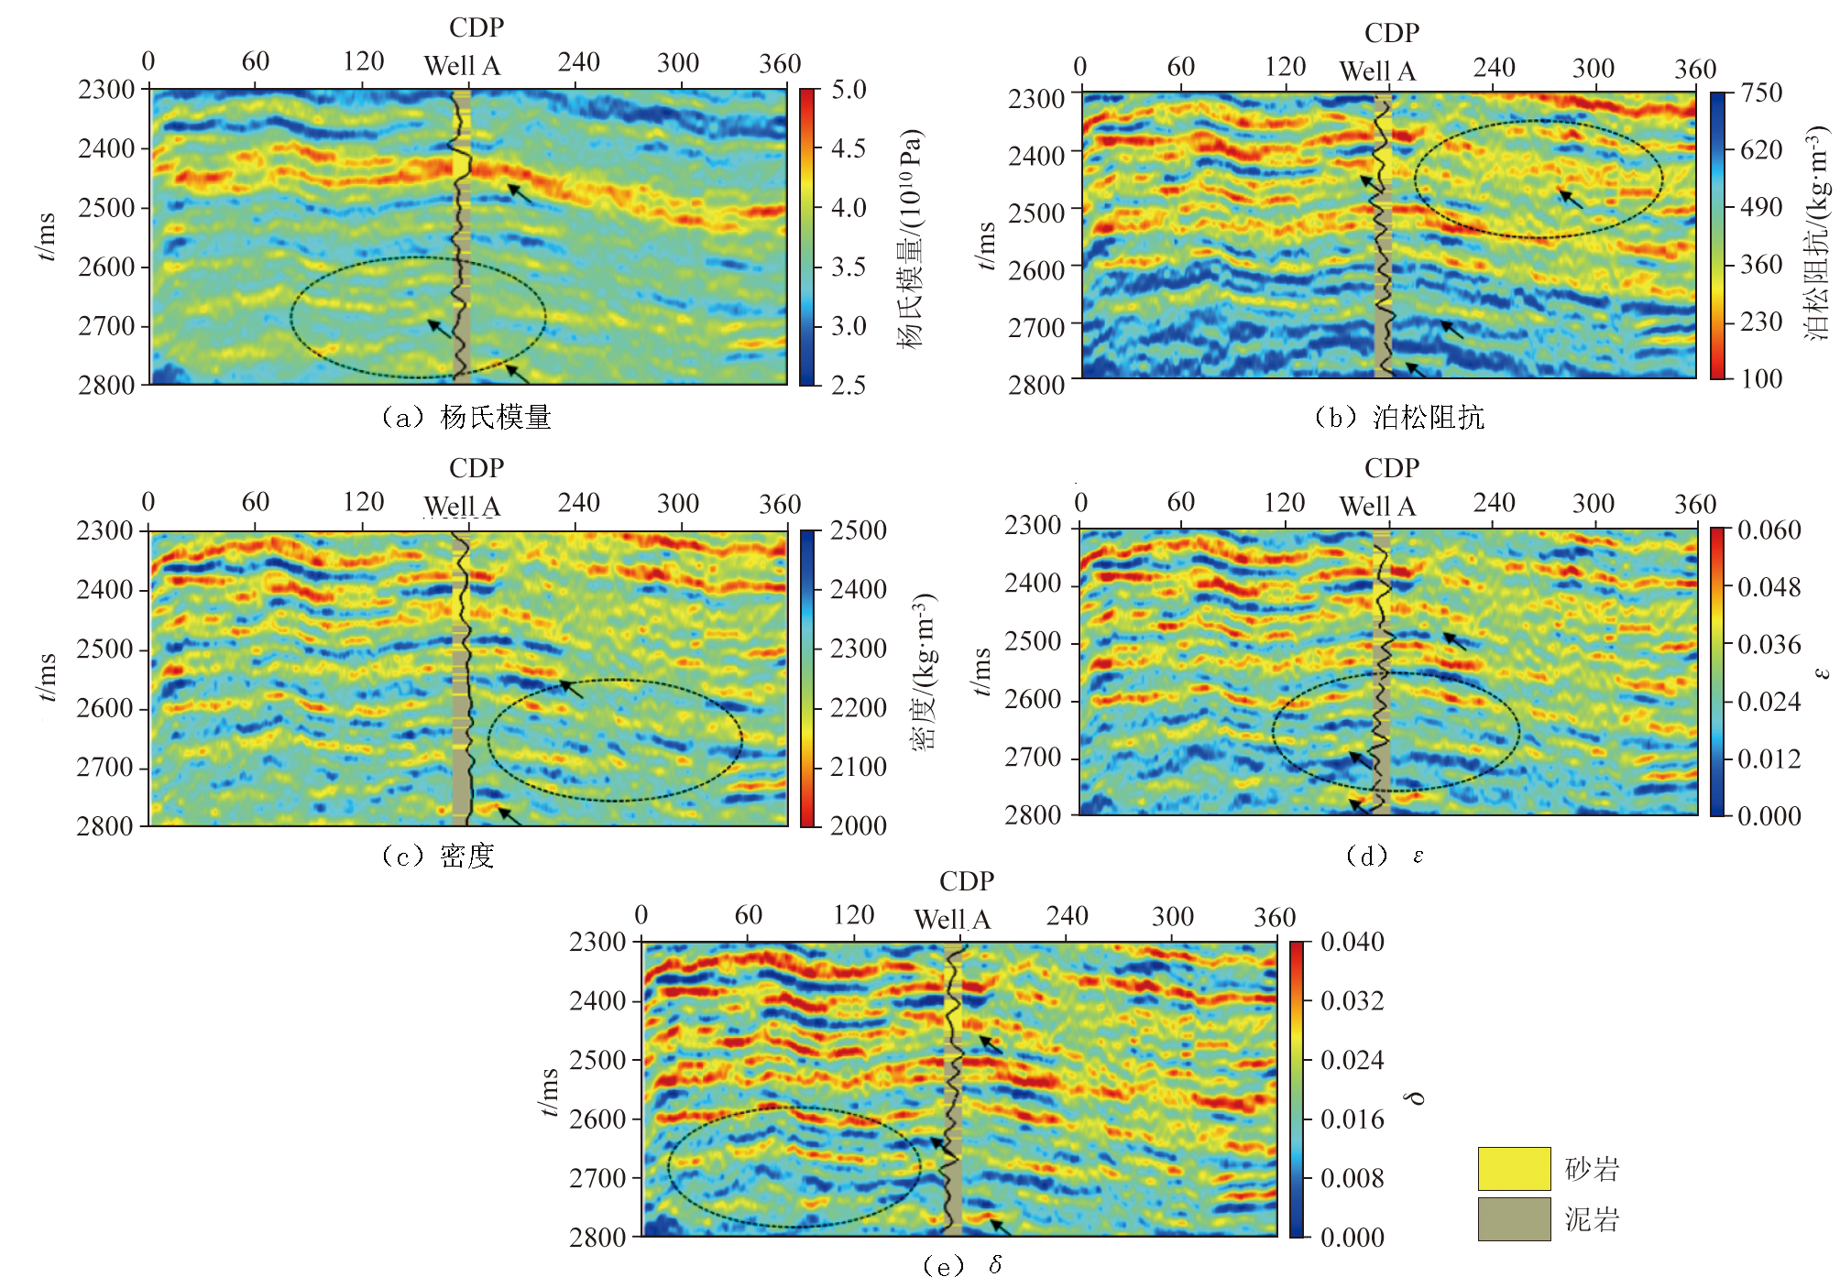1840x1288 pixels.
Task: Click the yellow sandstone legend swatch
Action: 1514,1168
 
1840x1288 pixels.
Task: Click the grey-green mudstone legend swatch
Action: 1514,1218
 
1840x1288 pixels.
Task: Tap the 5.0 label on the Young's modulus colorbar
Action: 849,90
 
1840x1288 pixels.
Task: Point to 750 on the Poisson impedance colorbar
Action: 1761,93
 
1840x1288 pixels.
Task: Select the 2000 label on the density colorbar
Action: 858,825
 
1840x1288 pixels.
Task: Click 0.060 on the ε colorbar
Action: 1769,530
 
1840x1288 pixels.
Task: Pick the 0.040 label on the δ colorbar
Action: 1352,942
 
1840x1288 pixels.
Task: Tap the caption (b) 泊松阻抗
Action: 1398,418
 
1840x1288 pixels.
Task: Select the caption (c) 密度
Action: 438,856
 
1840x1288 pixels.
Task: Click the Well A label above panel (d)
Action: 1377,506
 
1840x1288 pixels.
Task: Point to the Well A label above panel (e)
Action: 952,919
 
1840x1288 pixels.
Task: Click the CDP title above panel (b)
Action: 1391,33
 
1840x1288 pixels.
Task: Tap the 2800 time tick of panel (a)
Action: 106,385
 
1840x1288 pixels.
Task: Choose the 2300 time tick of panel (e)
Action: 597,942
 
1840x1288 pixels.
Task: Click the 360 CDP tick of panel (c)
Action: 780,504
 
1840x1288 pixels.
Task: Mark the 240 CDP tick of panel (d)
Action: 1494,503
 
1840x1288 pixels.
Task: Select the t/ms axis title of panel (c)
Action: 47,678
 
